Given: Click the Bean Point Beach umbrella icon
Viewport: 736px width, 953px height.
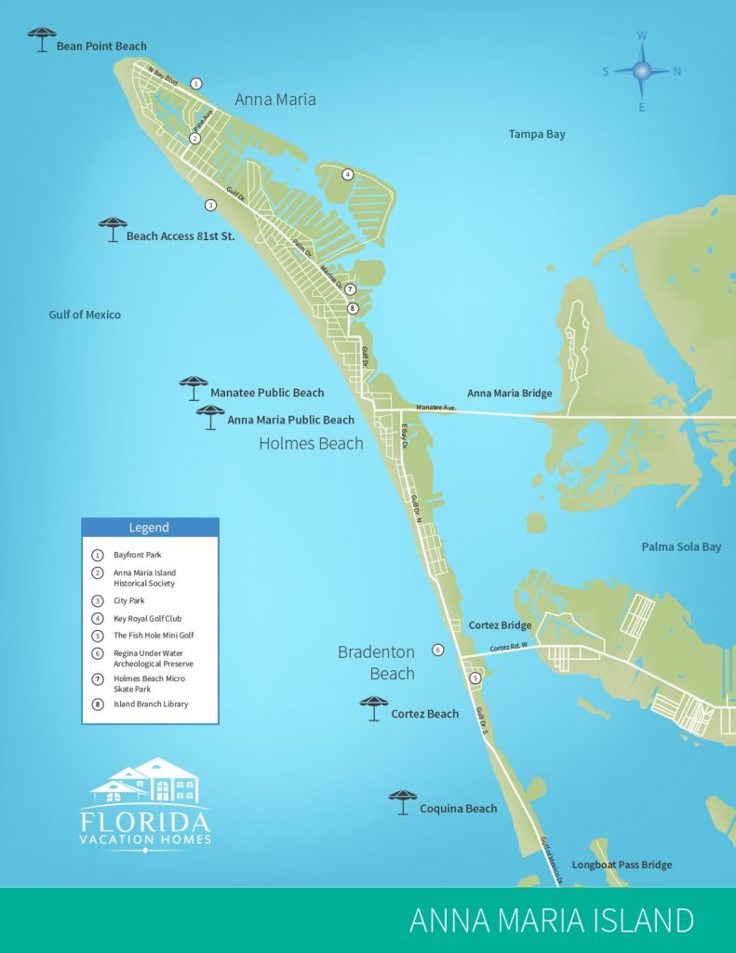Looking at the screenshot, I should coord(42,39).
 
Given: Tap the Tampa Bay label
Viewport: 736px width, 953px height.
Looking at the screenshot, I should coord(537,134).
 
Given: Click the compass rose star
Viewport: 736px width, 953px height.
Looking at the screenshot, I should coord(642,71).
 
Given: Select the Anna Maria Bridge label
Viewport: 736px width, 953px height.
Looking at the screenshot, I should coord(509,393).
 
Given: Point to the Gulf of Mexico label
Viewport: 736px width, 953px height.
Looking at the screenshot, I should coord(85,315).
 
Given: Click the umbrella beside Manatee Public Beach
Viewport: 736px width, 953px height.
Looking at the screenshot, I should coord(194,386).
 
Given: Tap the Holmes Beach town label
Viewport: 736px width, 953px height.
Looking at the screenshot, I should coord(311,443).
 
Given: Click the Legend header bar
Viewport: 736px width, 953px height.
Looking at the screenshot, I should coord(150,528).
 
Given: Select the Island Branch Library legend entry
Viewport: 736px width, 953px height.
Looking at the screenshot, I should coord(151,704).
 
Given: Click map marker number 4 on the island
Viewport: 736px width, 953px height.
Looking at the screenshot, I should coord(347,174).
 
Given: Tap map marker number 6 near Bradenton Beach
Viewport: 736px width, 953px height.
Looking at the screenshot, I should coord(438,650).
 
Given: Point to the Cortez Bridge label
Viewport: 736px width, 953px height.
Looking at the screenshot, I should coord(500,625).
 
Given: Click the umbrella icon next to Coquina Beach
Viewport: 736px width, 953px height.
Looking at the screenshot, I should coord(403,801).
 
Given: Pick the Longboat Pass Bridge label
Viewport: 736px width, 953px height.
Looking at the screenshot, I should coord(622,865).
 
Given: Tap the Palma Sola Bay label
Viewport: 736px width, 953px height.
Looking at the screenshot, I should coord(681,546).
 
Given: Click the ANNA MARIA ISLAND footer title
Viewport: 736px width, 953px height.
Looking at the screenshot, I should coord(551,920).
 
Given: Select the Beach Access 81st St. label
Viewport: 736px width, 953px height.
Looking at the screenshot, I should coord(180,236).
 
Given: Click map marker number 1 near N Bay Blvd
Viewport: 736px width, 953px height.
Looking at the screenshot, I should coord(196,84).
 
